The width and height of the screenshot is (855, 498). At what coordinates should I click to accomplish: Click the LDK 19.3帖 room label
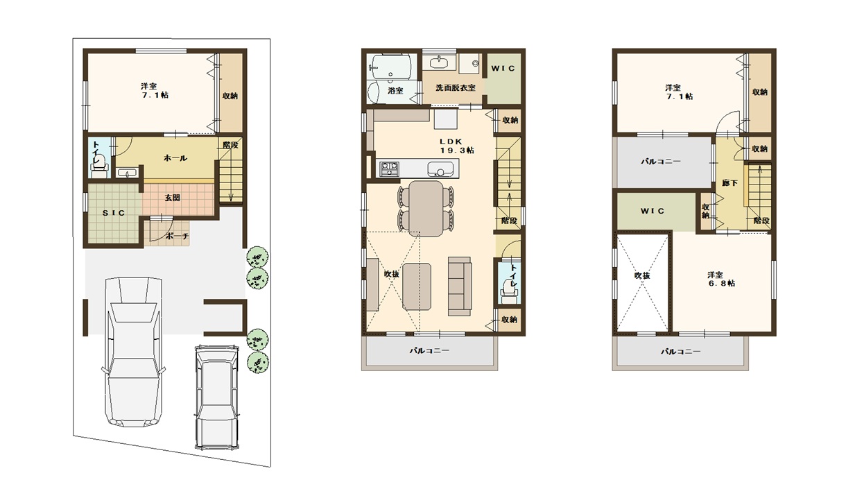pos(457,146)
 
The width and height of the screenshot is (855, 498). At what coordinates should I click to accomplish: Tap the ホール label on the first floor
pos(175,158)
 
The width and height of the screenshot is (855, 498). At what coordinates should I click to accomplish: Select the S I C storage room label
pos(113,213)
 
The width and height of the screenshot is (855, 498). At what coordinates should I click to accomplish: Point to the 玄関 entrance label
pos(172,198)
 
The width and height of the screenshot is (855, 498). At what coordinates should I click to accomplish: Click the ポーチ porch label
pos(177,236)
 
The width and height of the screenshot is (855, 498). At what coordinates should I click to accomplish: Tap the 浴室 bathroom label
pos(395,91)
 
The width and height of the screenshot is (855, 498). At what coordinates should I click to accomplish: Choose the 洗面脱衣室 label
pos(456,88)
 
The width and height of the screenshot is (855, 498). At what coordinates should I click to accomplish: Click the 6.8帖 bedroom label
pos(721,279)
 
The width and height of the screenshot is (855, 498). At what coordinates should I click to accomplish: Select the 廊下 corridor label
pos(729,183)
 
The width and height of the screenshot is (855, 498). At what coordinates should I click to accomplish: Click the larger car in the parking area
pos(133,352)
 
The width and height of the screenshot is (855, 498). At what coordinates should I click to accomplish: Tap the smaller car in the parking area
pos(217,397)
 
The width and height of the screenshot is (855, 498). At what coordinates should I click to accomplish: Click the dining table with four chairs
pos(426,208)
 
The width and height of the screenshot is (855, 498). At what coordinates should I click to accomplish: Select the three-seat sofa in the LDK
pos(460,286)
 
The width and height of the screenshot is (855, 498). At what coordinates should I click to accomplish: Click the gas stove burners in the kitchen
pos(390,169)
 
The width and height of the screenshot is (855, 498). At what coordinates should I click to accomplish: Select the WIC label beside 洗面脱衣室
pos(503,69)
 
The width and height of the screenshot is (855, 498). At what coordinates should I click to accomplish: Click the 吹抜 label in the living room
pos(391,274)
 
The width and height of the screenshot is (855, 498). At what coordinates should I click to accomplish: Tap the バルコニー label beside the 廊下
pos(660,162)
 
